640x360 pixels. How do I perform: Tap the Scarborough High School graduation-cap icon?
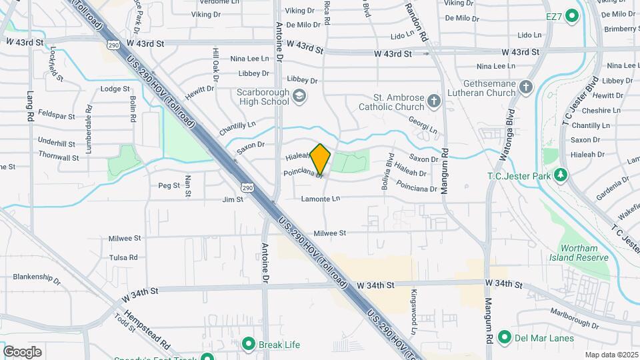[x=300, y=97]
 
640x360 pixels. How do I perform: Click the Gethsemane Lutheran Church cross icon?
[x=527, y=87]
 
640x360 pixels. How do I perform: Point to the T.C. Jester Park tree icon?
[x=561, y=175]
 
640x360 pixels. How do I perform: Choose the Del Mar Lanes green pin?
[x=505, y=337]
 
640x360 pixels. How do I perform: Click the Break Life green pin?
[x=249, y=344]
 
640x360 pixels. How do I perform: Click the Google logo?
[x=22, y=352]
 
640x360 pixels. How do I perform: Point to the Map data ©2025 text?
[x=611, y=355]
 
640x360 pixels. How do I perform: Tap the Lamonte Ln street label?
[x=321, y=199]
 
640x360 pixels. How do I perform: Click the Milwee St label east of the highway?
[x=330, y=233]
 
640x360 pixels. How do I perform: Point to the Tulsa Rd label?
[x=123, y=257]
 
